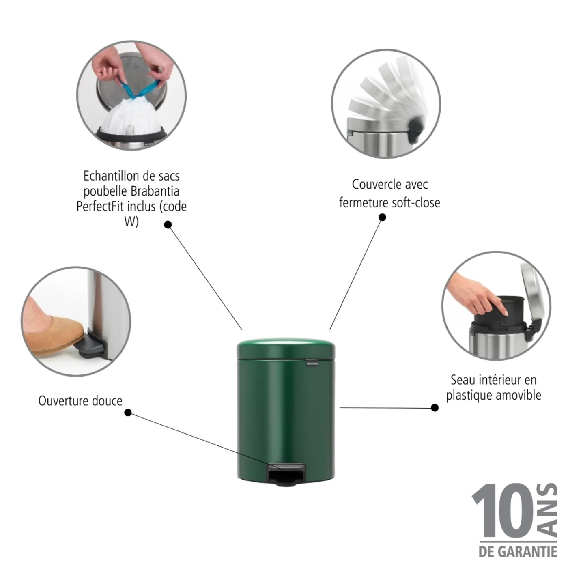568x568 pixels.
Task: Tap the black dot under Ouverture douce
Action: (128, 412)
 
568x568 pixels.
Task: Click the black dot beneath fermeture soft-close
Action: (382, 217)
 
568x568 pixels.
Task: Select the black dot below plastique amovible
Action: (435, 408)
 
